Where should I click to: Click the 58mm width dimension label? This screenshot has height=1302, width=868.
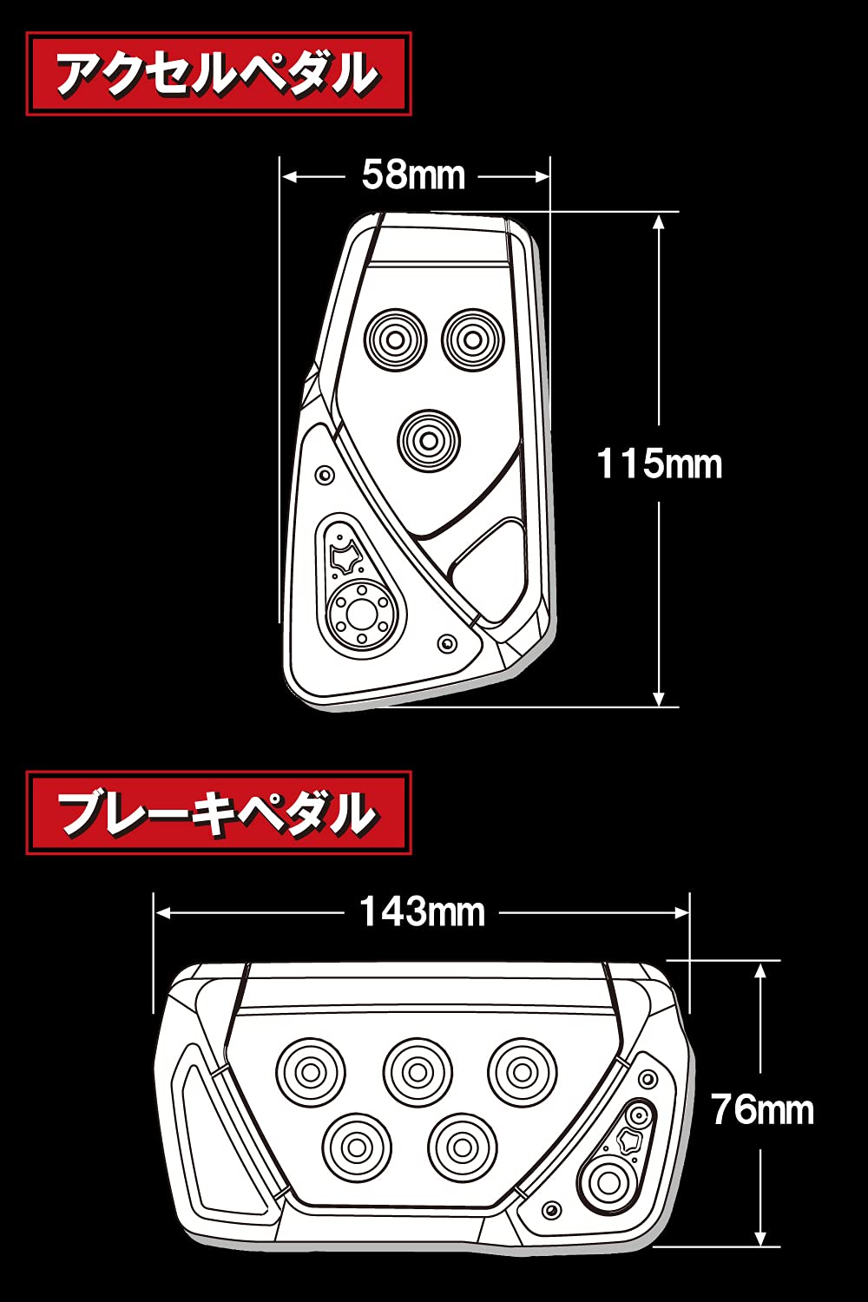(x=413, y=175)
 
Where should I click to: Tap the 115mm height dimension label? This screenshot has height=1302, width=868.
(x=660, y=464)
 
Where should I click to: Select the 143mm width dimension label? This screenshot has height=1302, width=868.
(x=422, y=912)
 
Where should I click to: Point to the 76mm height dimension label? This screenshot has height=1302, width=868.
(x=762, y=1110)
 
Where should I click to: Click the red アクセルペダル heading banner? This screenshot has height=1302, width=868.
(x=218, y=74)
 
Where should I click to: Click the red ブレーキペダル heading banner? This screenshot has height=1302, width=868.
(x=218, y=812)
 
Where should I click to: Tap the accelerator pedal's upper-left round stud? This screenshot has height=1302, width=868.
(x=395, y=339)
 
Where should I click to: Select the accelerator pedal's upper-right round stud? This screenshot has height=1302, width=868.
(x=473, y=339)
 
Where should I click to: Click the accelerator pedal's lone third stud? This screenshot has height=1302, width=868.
(x=428, y=441)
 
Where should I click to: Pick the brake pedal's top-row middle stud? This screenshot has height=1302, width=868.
(x=418, y=1073)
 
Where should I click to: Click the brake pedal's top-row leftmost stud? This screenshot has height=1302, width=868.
(x=311, y=1073)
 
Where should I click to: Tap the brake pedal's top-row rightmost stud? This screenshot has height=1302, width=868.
(x=522, y=1073)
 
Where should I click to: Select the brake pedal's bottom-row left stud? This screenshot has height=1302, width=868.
(x=356, y=1147)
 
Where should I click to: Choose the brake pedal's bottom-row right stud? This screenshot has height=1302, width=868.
(x=463, y=1147)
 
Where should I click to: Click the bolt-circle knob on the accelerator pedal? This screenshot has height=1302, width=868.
(x=357, y=614)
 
